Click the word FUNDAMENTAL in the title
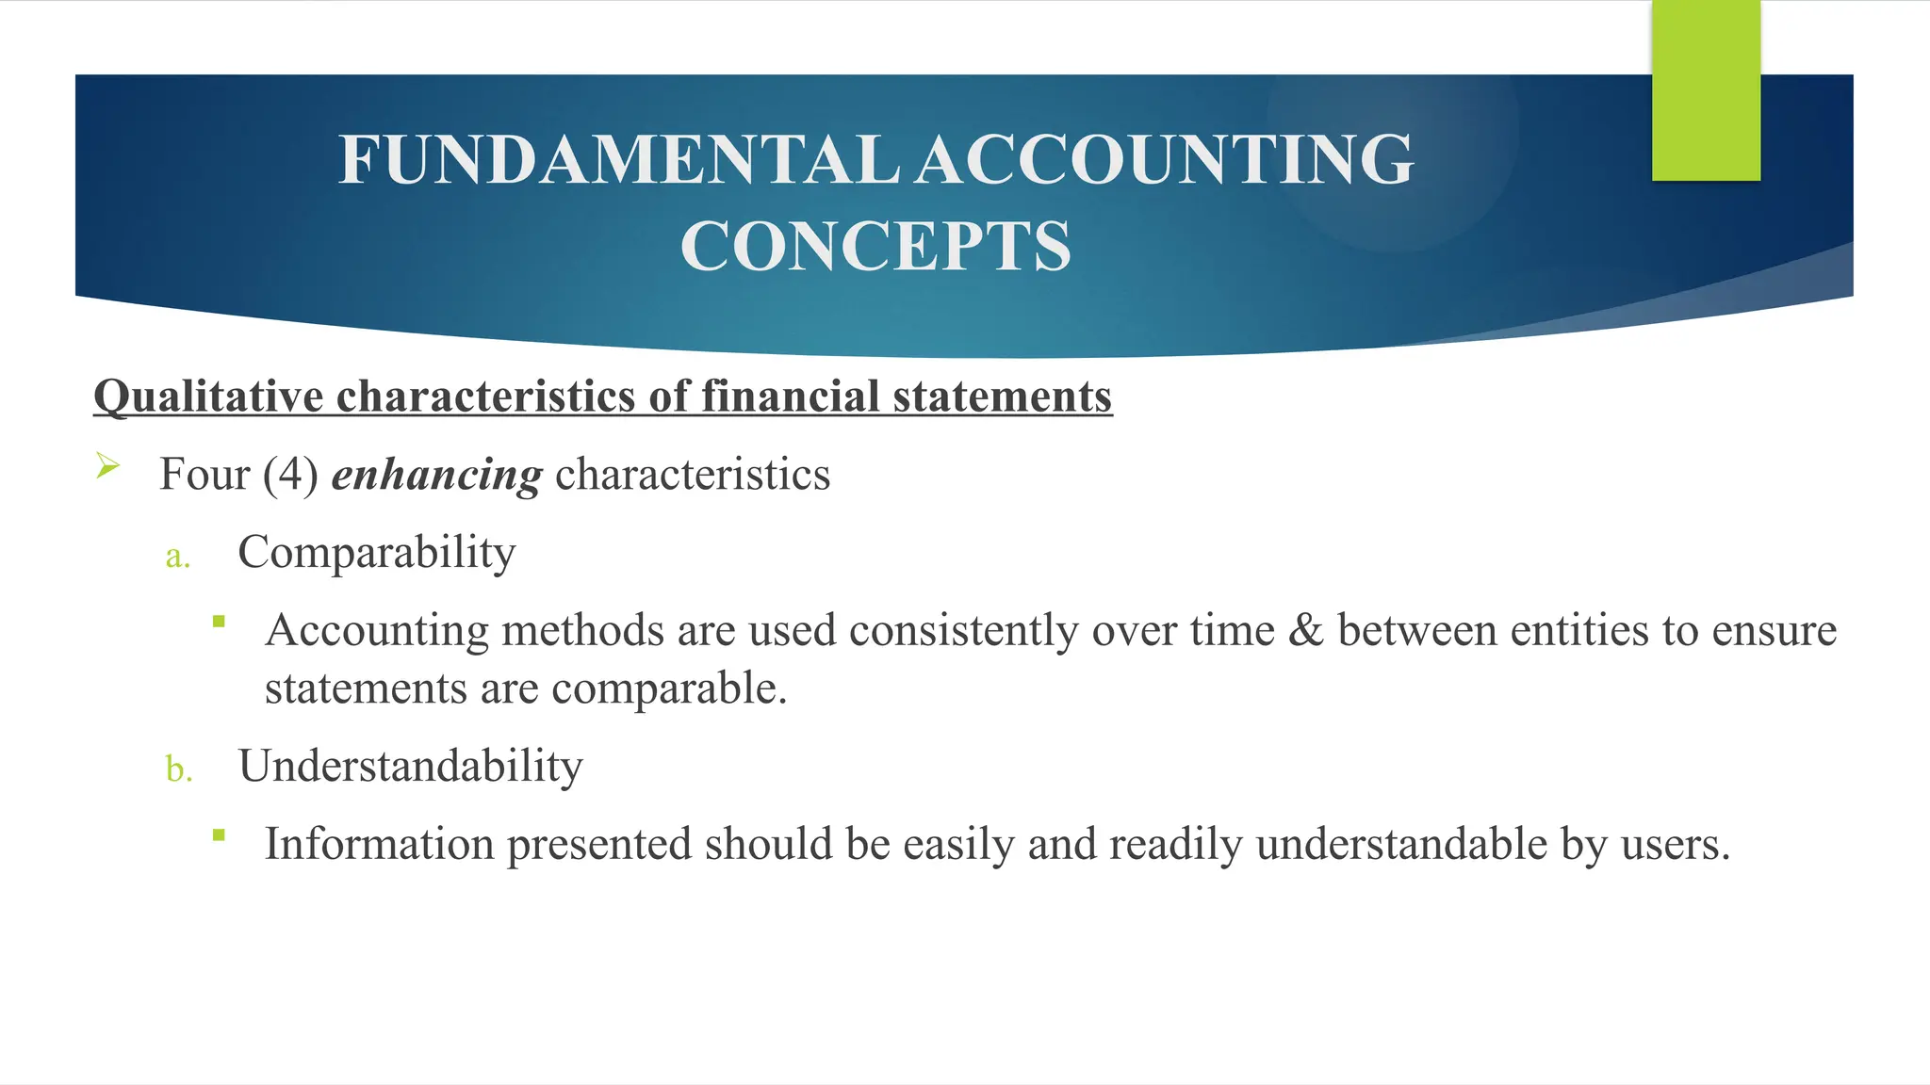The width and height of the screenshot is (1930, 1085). point(618,159)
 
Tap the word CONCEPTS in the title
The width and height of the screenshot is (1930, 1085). point(875,247)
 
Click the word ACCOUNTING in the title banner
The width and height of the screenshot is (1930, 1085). point(1165,159)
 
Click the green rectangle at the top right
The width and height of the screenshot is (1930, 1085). point(1706,90)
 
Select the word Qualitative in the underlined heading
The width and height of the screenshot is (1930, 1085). point(208,397)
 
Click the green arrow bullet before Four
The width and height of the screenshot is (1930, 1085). point(107,465)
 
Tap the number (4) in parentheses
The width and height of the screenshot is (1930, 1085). point(289,474)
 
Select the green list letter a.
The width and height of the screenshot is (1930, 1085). point(177,557)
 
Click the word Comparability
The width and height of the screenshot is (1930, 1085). point(376,553)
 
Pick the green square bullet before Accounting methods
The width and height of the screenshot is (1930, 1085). point(219,622)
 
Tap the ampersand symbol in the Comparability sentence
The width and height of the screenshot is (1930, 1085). point(1305,630)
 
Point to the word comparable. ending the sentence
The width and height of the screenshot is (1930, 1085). point(669,689)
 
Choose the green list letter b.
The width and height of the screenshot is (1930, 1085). point(178,769)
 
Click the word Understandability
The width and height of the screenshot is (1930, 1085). point(410,766)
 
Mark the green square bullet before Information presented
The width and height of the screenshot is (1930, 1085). point(219,834)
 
